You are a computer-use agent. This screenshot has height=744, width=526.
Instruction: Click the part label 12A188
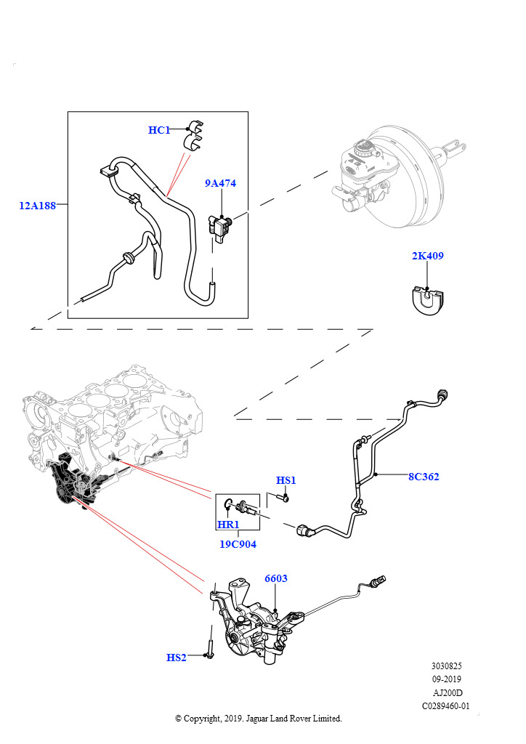pos(38,206)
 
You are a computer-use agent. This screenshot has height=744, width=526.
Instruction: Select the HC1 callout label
pos(159,130)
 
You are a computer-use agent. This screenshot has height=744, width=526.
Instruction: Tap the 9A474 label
pos(220,183)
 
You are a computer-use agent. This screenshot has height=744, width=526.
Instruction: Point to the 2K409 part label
pos(427,256)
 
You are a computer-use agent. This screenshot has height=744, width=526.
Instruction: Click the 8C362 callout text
pos(424,477)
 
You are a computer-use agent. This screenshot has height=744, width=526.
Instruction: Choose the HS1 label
pos(286,480)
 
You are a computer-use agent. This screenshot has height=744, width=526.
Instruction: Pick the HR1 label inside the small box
pos(228,525)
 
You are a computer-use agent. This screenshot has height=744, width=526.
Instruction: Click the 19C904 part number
pos(238,544)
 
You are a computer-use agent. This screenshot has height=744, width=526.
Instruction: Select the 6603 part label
pos(276,578)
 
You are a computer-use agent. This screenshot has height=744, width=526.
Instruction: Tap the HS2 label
pos(177,657)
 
